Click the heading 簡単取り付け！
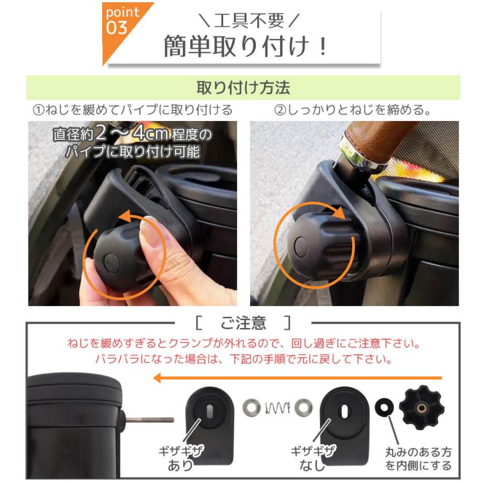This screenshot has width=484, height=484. click(245, 46)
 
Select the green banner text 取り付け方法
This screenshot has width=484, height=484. click(243, 87)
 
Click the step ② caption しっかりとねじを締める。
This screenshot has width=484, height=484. click(353, 110)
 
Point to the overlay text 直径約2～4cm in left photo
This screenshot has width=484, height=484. click(132, 134)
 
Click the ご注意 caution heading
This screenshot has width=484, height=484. click(243, 323)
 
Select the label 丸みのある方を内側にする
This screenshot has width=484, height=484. click(418, 459)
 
